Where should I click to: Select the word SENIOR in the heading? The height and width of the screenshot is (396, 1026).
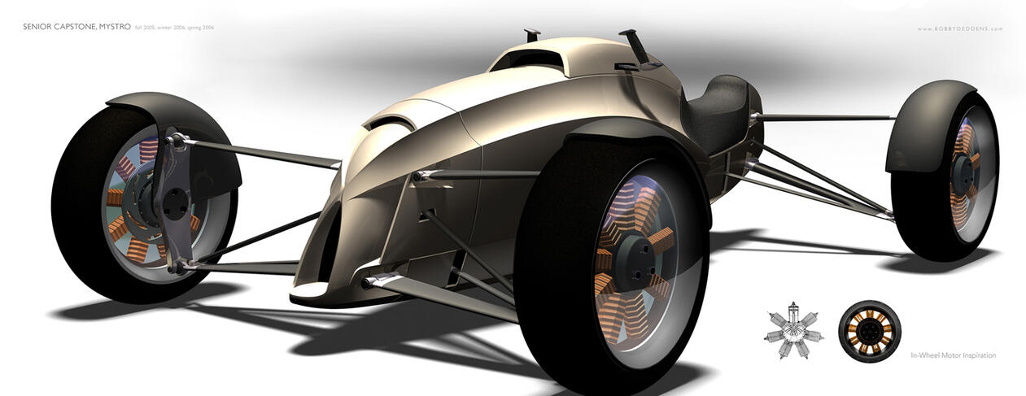[x=38, y=28]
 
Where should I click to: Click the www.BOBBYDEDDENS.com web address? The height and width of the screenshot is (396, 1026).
[x=959, y=28]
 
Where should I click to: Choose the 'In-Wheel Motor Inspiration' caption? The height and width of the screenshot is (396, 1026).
[x=953, y=355]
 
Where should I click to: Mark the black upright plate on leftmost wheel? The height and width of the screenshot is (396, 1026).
[x=176, y=195]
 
